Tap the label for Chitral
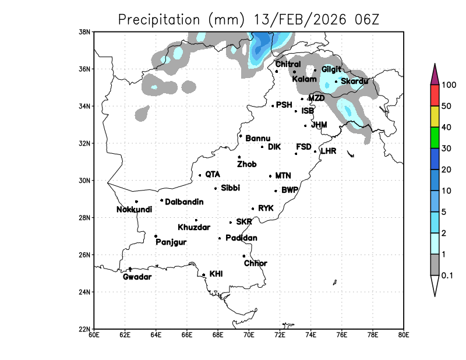point(288,64)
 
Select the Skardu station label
point(354,81)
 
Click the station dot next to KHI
point(203,274)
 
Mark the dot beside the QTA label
point(200,175)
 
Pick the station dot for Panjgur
point(156,236)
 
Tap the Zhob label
point(246,164)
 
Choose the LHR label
point(329,151)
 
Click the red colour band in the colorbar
point(435,95)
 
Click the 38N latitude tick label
point(85,31)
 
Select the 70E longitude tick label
point(249,334)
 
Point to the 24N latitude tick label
point(85,292)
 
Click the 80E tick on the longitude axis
point(404,334)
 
